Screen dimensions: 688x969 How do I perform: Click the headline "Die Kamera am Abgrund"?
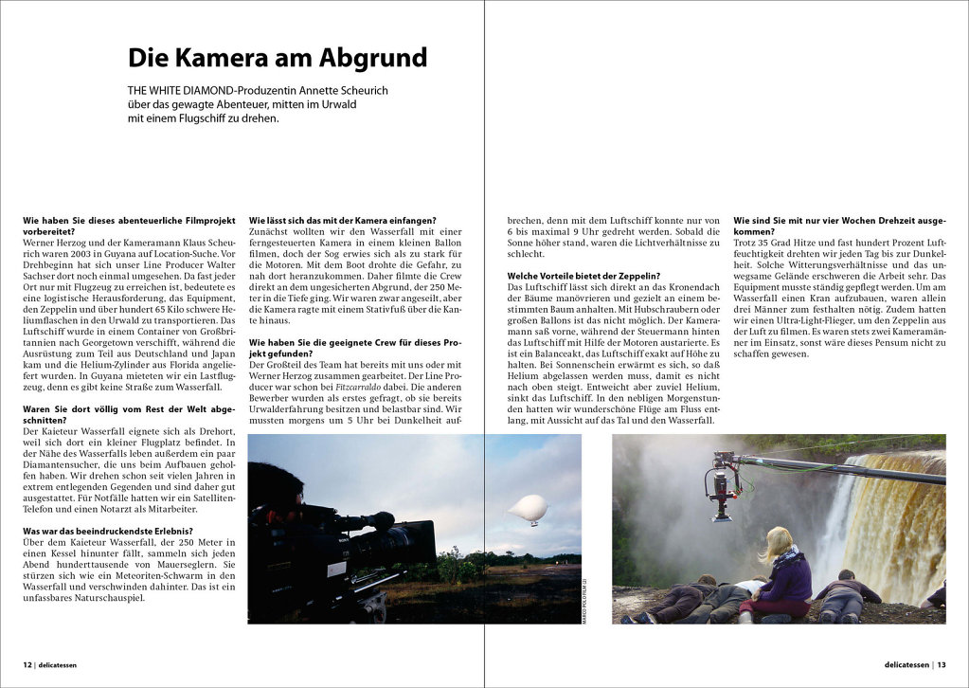pos(278,59)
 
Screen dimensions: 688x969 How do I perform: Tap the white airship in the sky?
pos(529,509)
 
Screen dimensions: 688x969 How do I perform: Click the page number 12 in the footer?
pos(27,664)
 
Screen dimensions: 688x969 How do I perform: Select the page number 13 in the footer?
pos(941,664)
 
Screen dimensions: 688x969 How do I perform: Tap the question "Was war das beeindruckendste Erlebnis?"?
pos(108,531)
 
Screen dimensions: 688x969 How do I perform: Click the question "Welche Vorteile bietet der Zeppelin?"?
pos(583,276)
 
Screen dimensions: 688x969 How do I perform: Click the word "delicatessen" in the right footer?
pos(901,664)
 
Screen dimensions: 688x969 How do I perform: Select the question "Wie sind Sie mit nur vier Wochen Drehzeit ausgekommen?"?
pos(839,226)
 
